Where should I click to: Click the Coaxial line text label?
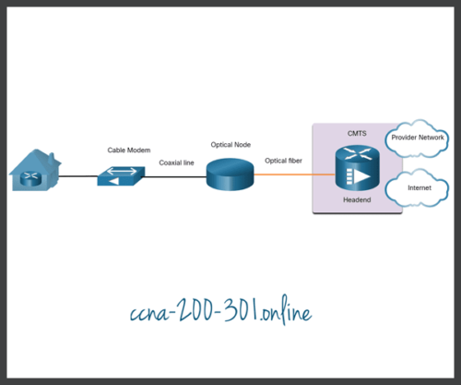pyautogui.click(x=175, y=162)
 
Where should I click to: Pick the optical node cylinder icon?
pyautogui.click(x=228, y=172)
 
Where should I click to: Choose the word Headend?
pyautogui.click(x=357, y=200)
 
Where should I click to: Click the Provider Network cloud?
pyautogui.click(x=418, y=138)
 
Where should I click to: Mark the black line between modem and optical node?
pyautogui.click(x=175, y=173)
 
